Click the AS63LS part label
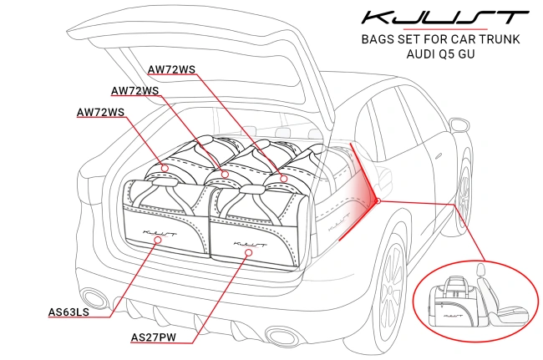69,313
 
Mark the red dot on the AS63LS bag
158,240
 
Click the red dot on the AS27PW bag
246,251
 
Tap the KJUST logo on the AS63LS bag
160,223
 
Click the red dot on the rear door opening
378,200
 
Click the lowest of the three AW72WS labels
101,112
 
